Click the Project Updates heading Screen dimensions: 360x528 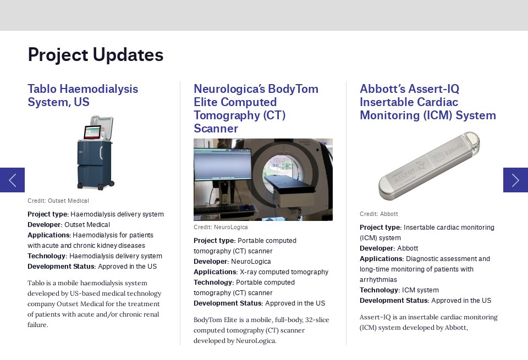click(95, 55)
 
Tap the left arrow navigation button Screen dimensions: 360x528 click(12, 180)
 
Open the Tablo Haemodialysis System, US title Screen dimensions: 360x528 click(82, 96)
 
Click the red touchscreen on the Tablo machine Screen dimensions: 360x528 click(93, 132)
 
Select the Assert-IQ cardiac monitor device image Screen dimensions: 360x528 click(429, 166)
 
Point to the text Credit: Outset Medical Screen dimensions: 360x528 click(58, 201)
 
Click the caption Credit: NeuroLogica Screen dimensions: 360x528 click(221, 228)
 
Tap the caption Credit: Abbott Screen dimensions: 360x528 click(378, 214)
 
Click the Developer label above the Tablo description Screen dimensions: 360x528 click(45, 225)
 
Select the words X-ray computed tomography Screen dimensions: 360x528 click(284, 272)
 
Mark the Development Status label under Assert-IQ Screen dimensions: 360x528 click(394, 301)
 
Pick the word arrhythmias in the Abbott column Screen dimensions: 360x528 click(378, 280)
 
